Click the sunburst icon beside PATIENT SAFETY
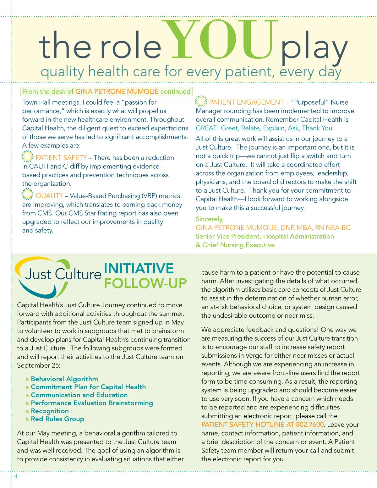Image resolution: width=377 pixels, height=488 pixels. tap(27, 156)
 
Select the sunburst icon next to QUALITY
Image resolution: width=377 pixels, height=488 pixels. tap(27, 195)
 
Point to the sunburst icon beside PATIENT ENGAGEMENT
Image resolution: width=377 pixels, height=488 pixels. tap(201, 101)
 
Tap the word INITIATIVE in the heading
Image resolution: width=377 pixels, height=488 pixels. tap(139, 269)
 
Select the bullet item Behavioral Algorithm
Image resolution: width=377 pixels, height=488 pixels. tap(64, 379)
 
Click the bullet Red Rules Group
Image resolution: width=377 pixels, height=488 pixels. tap(57, 419)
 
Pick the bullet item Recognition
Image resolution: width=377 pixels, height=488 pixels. tap(50, 411)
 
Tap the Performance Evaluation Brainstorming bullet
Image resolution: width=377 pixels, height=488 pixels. tap(92, 403)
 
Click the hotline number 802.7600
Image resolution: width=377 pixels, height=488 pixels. tap(310, 425)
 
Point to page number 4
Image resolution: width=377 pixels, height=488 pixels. tap(16, 476)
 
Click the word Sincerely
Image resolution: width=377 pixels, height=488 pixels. tap(210, 219)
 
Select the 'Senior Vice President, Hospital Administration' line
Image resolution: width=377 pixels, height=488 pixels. tap(265, 236)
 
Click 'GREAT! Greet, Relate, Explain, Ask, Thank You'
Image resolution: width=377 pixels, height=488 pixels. tap(264, 128)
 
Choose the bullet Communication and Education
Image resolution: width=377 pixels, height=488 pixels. tap(79, 395)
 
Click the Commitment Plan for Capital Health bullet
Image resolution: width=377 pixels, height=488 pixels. tap(88, 387)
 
